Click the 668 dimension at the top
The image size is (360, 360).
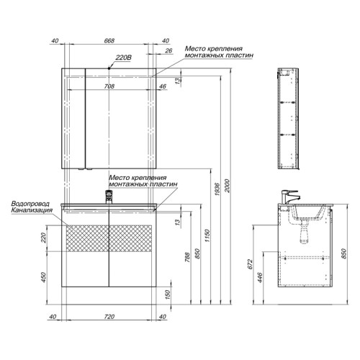109,41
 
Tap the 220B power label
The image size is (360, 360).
124,58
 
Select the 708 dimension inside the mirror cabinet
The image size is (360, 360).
109,86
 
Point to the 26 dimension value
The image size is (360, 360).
168,50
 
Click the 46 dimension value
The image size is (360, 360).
163,86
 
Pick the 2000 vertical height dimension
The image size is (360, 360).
228,186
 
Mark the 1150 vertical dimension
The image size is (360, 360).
207,235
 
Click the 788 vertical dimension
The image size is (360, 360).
187,257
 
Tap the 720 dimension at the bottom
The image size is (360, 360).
109,317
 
